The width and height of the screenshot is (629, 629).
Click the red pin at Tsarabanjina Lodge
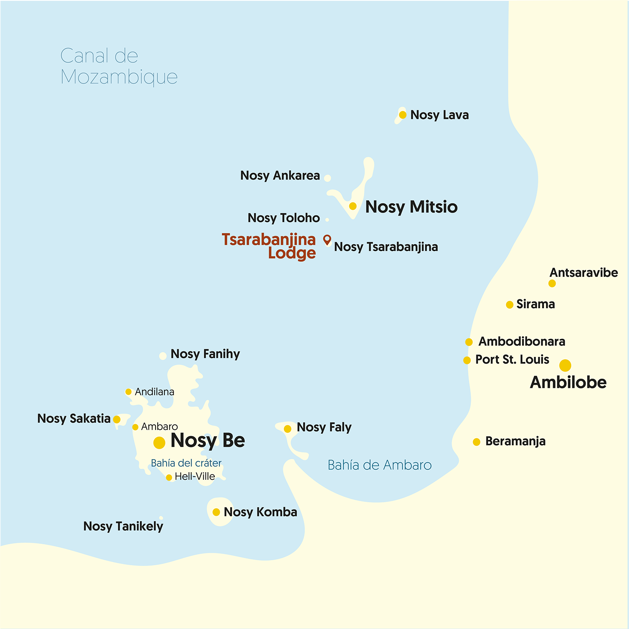click(x=327, y=239)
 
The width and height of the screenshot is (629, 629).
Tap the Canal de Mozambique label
click(x=119, y=66)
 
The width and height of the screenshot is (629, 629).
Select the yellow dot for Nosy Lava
click(x=403, y=115)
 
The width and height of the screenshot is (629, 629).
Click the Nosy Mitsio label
click(x=411, y=207)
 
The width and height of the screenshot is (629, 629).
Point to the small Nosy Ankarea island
click(x=327, y=178)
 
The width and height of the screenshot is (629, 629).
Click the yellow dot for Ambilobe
click(x=565, y=365)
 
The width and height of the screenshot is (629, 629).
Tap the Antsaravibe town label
click(x=583, y=273)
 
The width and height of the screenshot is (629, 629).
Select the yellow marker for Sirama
click(x=509, y=304)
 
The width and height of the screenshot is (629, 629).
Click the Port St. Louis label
click(x=512, y=359)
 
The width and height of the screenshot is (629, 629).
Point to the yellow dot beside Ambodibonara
click(x=469, y=342)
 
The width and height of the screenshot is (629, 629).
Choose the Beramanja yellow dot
click(x=476, y=442)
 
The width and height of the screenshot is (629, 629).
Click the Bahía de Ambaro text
click(x=379, y=465)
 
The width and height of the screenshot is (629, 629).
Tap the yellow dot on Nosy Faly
click(x=288, y=429)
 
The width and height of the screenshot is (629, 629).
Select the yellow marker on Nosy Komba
click(x=216, y=512)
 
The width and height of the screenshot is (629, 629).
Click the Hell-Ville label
click(x=195, y=476)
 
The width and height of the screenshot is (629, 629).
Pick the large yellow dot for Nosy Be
click(x=159, y=442)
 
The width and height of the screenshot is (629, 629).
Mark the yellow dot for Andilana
click(x=128, y=392)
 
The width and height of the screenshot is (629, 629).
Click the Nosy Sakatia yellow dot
click(x=117, y=419)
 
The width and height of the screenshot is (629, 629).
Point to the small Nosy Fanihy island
click(x=163, y=356)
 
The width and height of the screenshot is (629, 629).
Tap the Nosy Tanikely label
click(x=123, y=526)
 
